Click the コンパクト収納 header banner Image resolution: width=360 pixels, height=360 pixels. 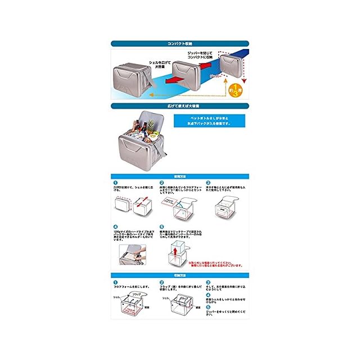[x=180, y=43]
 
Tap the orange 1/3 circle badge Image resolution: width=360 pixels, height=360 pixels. [x=237, y=90]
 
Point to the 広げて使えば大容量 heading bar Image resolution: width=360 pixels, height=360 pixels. [x=180, y=105]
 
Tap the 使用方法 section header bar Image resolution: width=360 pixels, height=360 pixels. [x=180, y=177]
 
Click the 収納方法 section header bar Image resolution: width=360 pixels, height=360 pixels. [x=180, y=275]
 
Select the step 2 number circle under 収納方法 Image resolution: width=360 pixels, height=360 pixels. [x=161, y=282]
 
